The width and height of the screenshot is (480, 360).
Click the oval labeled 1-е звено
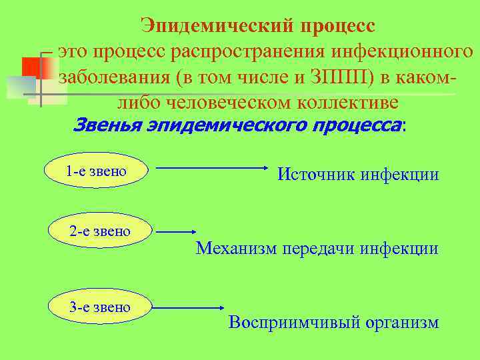tap(96, 171)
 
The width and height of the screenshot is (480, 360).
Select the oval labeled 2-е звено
tap(99, 232)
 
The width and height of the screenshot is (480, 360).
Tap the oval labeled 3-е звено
tap(99, 307)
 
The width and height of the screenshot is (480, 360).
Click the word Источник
tap(316, 175)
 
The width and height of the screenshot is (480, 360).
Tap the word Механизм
tap(237, 249)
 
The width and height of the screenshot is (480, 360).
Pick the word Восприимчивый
tap(280, 323)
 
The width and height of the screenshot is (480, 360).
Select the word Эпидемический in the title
tap(217, 26)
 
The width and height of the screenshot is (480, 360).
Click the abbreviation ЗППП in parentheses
tap(342, 77)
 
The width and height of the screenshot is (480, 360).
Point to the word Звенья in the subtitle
tap(107, 125)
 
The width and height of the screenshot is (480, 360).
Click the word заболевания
tap(115, 77)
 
